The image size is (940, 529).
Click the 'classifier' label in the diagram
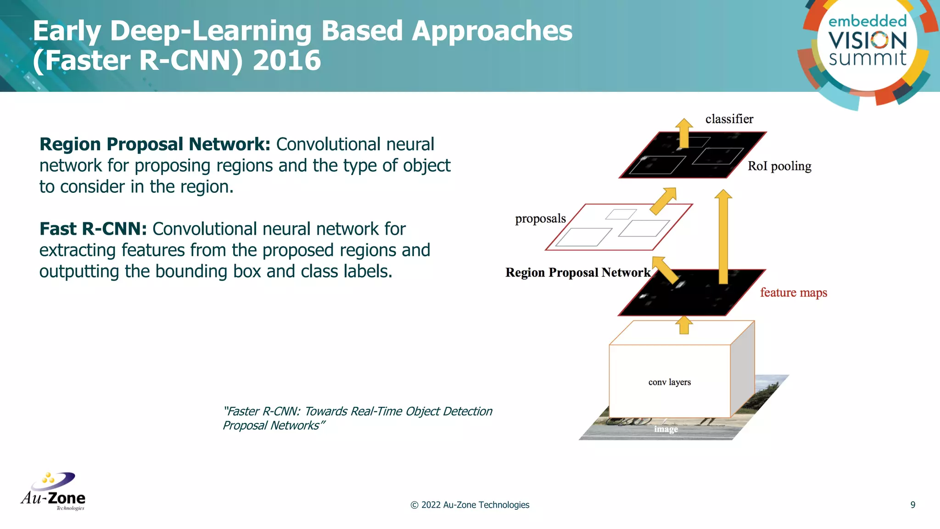[x=729, y=119]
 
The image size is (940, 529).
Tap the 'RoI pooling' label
[x=779, y=166]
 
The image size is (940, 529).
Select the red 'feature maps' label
[x=793, y=293]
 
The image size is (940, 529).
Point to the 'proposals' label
[x=540, y=219]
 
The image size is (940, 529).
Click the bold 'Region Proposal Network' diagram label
[x=577, y=273]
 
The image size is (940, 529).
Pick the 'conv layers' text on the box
[x=669, y=382]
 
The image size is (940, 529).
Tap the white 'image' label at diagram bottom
[x=666, y=429]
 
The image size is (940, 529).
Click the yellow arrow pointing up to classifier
[x=684, y=133]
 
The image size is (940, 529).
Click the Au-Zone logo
[x=53, y=492]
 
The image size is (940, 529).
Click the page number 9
[x=912, y=505]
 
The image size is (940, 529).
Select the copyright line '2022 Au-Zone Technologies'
[x=470, y=505]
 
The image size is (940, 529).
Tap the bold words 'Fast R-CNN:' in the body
[x=93, y=229]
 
